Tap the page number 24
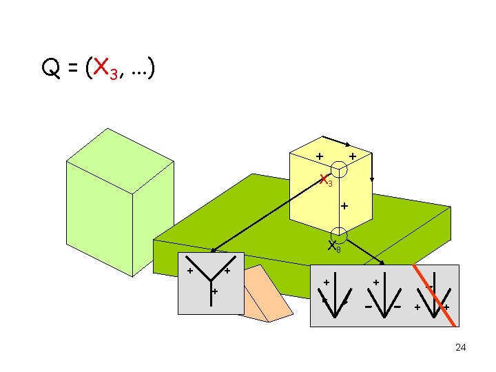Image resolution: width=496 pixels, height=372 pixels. [460, 347]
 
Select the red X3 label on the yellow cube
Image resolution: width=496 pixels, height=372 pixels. [325, 180]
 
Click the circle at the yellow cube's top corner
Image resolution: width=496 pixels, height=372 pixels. [339, 169]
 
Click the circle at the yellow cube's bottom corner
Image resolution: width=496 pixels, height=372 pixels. [338, 235]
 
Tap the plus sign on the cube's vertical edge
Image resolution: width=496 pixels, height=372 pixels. [344, 205]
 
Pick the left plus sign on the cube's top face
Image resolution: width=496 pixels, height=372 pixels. [320, 156]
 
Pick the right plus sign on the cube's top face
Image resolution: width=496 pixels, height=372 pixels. [352, 157]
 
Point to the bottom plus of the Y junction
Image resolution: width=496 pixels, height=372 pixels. [215, 292]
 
